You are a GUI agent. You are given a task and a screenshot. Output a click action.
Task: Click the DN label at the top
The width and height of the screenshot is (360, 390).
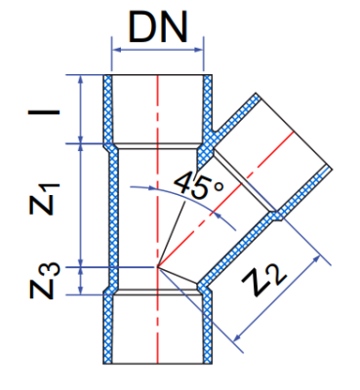tap(158, 26)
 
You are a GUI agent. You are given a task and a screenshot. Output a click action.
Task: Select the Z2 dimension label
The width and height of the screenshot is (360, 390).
tap(264, 279)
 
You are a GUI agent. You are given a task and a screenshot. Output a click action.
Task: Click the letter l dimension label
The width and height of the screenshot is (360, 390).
tap(44, 112)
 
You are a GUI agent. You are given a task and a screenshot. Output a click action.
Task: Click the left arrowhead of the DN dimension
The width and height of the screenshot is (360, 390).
tap(117, 50)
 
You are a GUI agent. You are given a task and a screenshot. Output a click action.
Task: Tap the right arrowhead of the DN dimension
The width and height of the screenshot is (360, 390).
tap(198, 50)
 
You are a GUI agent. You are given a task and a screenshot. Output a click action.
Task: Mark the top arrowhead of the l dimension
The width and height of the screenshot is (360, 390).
tap(81, 80)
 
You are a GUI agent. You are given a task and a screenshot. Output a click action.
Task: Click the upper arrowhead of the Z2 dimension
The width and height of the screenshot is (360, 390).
tap(316, 259)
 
